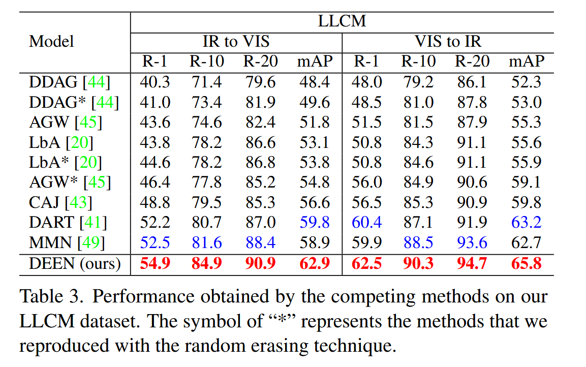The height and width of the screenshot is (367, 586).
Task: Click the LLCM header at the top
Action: pyautogui.click(x=342, y=21)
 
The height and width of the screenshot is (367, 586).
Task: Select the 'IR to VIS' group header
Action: pyautogui.click(x=236, y=41)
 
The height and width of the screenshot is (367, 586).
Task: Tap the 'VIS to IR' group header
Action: pyautogui.click(x=448, y=41)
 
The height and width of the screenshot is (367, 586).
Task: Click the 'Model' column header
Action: pyautogui.click(x=51, y=41)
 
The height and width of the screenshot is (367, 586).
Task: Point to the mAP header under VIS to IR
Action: pyautogui.click(x=527, y=62)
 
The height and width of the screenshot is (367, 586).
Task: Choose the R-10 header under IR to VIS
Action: pyautogui.click(x=207, y=62)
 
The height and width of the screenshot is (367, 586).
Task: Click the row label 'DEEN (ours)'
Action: pyautogui.click(x=75, y=263)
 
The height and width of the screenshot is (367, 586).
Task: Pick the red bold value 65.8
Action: pyautogui.click(x=527, y=263)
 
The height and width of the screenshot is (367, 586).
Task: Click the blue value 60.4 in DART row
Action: pyautogui.click(x=367, y=223)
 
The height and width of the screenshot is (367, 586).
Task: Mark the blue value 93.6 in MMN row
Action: pyautogui.click(x=472, y=243)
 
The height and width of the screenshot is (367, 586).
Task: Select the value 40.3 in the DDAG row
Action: pyautogui.click(x=155, y=82)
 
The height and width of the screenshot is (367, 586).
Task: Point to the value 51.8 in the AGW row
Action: pyautogui.click(x=314, y=123)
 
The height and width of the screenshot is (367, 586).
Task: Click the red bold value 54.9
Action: pyautogui.click(x=155, y=263)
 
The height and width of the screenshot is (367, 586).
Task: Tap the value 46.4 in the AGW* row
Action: pyautogui.click(x=155, y=182)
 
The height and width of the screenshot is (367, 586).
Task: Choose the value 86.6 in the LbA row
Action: pyautogui.click(x=260, y=142)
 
